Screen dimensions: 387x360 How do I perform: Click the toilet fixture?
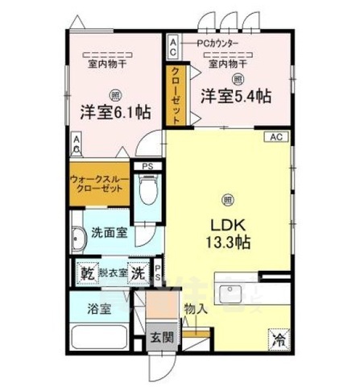coord(147,193)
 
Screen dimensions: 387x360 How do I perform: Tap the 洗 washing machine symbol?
coord(139,273)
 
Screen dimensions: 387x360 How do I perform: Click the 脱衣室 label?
coord(113,273)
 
